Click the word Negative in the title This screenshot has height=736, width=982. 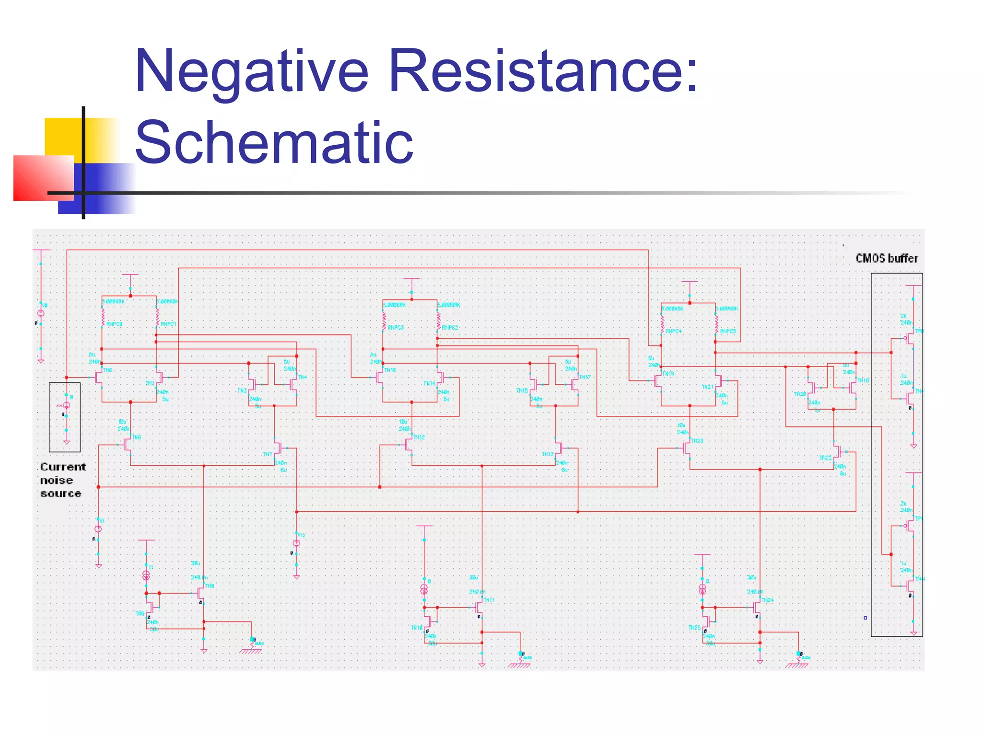[251, 72]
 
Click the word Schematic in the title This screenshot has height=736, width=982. [274, 143]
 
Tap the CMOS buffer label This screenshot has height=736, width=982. [887, 258]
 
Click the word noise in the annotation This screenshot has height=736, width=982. [57, 480]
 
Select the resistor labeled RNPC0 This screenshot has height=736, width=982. [103, 316]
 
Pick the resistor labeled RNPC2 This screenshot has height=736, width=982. [438, 319]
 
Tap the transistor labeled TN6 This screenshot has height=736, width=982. [128, 445]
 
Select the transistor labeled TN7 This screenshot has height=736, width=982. [277, 448]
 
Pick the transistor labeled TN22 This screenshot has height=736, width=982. [837, 451]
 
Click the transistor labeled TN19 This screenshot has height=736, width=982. [658, 381]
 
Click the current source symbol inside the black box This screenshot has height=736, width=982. [66, 406]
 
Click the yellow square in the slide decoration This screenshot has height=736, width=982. [62, 137]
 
